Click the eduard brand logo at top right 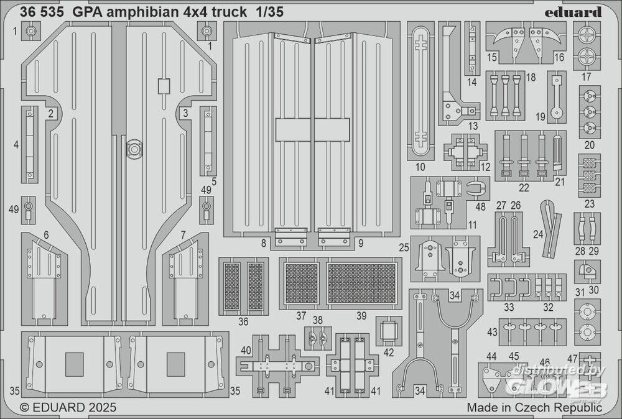[x=573, y=12]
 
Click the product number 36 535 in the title [x=42, y=12]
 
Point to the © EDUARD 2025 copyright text [x=68, y=408]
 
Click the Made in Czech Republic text [x=534, y=408]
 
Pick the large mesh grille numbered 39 [x=362, y=283]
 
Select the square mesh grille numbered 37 [x=302, y=283]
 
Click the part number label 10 [x=420, y=167]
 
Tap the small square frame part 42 [x=389, y=331]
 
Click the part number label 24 [x=538, y=234]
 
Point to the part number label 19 [x=541, y=116]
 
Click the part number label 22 [x=524, y=188]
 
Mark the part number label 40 [x=246, y=351]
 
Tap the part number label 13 [x=473, y=126]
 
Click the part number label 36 [x=243, y=321]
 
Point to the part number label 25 [x=404, y=248]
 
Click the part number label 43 [x=492, y=332]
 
